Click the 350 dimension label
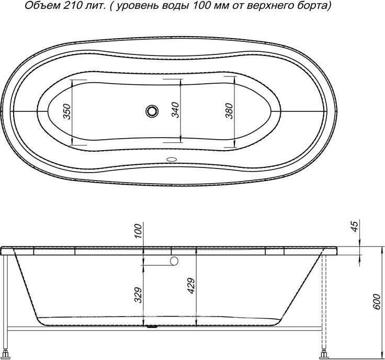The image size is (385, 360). (66, 111)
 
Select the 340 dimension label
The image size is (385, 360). (176, 110)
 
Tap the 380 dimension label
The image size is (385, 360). (229, 110)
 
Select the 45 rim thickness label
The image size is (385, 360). (354, 227)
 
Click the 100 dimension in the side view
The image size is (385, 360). (138, 231)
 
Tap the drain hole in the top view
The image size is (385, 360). (152, 111)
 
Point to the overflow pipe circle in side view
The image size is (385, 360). (174, 261)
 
